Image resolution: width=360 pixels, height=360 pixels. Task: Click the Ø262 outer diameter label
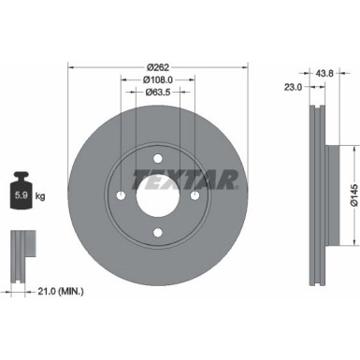click(157, 66)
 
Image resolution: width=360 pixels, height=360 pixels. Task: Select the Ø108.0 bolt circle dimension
click(157, 79)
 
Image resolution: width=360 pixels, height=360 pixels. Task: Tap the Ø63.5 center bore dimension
click(157, 93)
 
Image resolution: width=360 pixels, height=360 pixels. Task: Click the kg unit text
click(39, 197)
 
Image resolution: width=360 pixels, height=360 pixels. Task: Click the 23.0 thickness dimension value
click(293, 87)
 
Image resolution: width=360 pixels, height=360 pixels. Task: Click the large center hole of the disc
click(157, 197)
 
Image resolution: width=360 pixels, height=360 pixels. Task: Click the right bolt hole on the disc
click(193, 197)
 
